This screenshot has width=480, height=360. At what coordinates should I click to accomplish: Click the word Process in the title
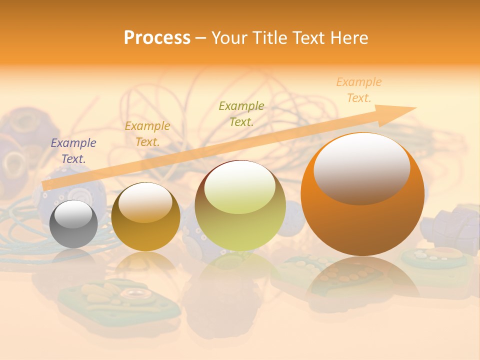tap(157, 37)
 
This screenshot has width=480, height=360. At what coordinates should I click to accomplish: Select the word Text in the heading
tap(309, 37)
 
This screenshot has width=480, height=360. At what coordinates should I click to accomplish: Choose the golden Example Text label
tap(147, 134)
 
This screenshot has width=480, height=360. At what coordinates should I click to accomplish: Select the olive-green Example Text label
tap(241, 113)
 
